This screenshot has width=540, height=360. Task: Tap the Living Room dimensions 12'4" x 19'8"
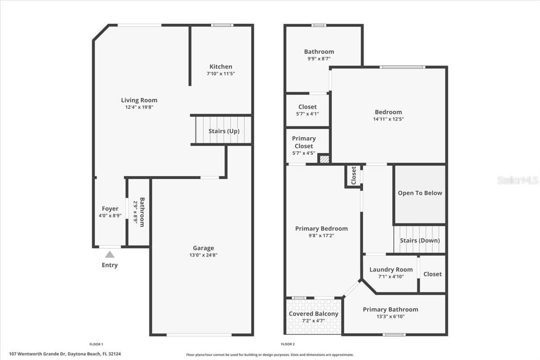[139, 108]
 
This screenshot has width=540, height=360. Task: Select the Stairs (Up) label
[224, 131]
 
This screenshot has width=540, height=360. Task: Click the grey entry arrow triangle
[110, 255]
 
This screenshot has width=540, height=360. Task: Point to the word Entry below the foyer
[110, 265]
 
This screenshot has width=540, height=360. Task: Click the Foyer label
[110, 209]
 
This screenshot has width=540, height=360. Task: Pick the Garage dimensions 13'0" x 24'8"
[203, 255]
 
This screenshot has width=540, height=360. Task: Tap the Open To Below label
[420, 193]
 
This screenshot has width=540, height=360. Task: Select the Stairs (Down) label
[420, 240]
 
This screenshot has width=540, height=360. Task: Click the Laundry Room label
[391, 270]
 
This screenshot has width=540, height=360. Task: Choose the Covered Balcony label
[314, 314]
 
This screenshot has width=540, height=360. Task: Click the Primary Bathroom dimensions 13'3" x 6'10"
[390, 316]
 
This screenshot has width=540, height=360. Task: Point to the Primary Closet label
[304, 142]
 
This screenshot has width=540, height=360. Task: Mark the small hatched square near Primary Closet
[324, 159]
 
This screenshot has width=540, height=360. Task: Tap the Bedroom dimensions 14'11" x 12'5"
[388, 119]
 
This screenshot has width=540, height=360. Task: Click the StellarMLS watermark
[517, 180]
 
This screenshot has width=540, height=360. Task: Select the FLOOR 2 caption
[288, 344]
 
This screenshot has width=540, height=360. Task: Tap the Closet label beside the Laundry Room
[432, 274]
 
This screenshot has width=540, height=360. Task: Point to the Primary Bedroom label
[321, 229]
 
